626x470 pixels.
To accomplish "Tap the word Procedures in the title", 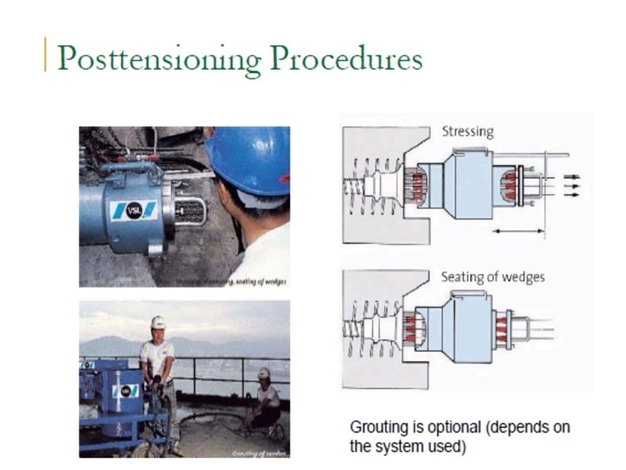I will tap(346, 58).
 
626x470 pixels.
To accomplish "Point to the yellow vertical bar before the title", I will tap(45, 54).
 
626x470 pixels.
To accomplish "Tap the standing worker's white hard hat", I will tap(157, 322).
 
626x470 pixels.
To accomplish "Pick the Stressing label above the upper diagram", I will tap(468, 131).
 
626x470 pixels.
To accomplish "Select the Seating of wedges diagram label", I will tap(493, 277).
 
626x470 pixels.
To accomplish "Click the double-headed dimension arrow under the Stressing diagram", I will tap(519, 231).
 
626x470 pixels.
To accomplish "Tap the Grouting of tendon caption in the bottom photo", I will tap(259, 453).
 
